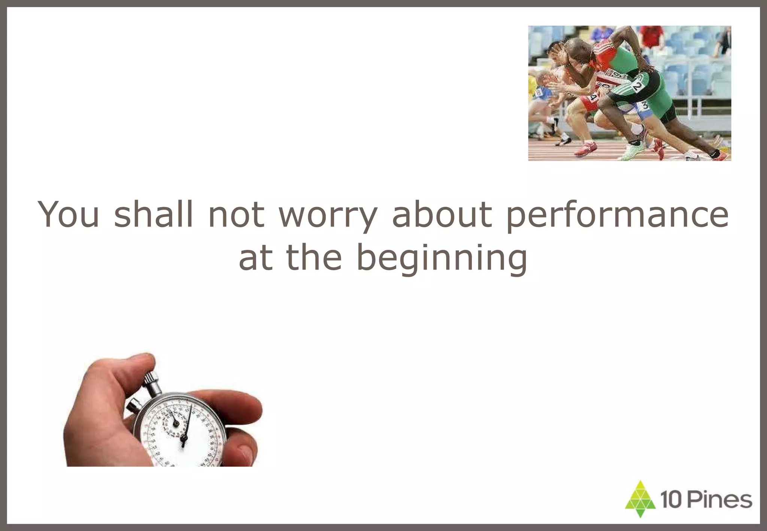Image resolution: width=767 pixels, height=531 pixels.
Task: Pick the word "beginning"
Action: pos(442,258)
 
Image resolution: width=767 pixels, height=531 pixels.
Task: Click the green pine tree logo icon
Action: pos(640,499)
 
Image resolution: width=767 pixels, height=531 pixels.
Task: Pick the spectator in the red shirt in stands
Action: pos(652,36)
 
